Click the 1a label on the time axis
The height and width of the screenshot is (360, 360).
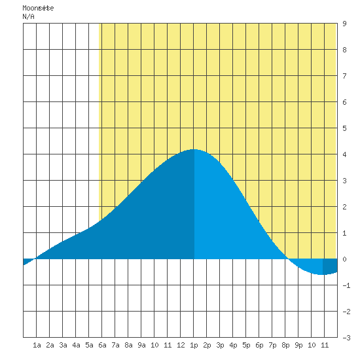click(37, 345)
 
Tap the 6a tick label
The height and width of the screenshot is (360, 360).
click(102, 345)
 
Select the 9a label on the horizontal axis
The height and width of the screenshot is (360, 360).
click(141, 345)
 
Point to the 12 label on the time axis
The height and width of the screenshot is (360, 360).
click(181, 345)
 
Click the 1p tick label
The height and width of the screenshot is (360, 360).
click(194, 346)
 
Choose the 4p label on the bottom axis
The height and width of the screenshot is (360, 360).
click(233, 346)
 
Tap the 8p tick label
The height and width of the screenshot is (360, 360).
click(285, 346)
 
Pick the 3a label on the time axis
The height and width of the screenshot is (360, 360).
click(63, 345)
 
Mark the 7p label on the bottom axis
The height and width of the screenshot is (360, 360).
click(272, 346)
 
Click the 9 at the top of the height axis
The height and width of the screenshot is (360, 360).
click(344, 24)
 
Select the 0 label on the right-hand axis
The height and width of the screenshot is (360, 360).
click(344, 259)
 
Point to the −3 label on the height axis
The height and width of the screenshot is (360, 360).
click(346, 338)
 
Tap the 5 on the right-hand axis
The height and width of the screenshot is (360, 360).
click(344, 128)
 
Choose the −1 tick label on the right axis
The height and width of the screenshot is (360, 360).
click(346, 285)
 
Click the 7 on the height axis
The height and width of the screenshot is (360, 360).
click(344, 76)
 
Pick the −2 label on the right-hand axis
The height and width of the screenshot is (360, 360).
click(346, 312)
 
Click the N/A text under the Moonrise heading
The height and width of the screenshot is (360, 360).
click(28, 16)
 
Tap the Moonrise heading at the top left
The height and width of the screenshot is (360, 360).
click(38, 8)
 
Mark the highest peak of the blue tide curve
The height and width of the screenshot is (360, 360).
click(194, 149)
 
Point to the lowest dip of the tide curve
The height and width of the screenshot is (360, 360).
click(322, 274)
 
